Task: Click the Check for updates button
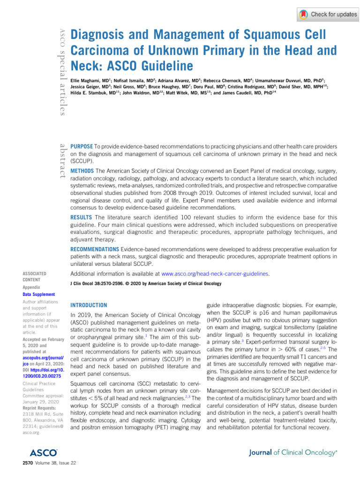(328, 14)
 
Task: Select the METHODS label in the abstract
(82, 171)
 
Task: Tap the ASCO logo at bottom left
(44, 452)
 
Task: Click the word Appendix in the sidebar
(32, 287)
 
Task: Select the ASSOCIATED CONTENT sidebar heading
(36, 276)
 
